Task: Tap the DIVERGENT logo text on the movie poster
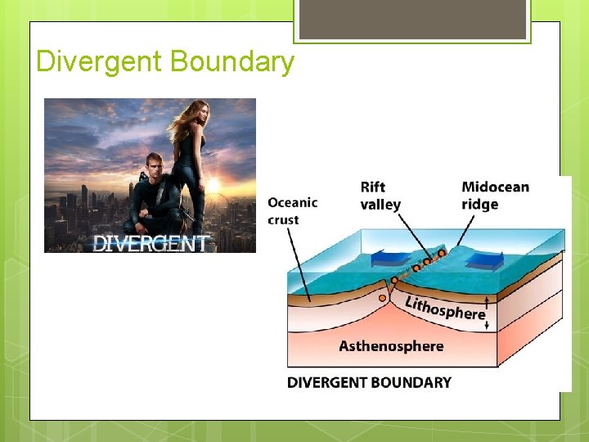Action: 152,242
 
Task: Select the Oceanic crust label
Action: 292,210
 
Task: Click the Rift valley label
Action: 380,196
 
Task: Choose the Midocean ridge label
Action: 494,195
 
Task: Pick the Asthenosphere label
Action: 391,345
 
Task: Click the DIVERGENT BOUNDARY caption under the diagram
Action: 369,382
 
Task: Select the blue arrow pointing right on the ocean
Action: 485,261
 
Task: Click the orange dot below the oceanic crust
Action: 382,298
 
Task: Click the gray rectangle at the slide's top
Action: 411,19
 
